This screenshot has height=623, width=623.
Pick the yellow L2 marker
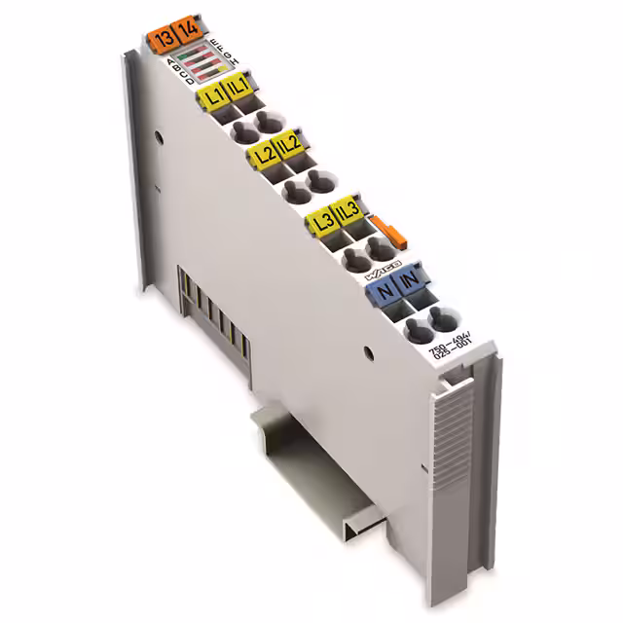pos(261,154)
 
